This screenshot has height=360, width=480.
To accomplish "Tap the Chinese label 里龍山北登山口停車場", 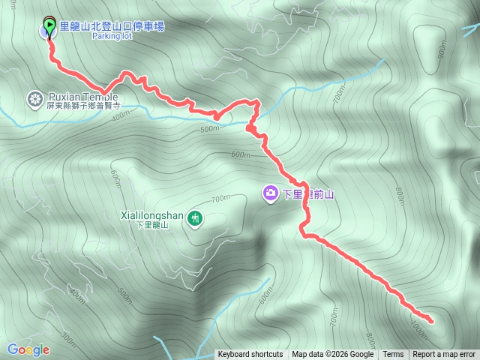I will (112, 26).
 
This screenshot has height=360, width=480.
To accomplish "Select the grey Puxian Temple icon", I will (34, 97).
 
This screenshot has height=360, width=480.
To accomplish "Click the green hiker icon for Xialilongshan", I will (195, 218).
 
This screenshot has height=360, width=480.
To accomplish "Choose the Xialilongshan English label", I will (153, 214).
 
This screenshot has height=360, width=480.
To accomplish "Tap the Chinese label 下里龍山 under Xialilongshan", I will (153, 224).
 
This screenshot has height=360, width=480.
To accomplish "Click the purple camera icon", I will (269, 194).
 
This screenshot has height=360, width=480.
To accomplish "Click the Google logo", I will (28, 349).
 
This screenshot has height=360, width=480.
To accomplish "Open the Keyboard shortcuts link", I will (250, 355).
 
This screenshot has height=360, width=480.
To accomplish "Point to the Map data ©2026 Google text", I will (333, 355).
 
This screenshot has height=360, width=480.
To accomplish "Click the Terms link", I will (393, 355).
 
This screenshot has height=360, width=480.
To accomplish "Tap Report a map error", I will (444, 355).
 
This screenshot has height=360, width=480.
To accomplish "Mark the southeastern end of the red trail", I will (430, 320).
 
